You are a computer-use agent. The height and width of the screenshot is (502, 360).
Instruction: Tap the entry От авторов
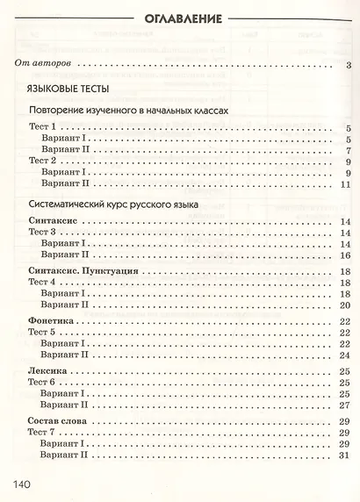click(x=46, y=64)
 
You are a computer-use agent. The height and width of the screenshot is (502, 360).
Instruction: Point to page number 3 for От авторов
click(x=349, y=65)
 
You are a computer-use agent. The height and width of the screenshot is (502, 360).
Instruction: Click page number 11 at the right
click(x=346, y=184)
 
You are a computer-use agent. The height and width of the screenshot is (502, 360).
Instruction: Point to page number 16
click(x=346, y=254)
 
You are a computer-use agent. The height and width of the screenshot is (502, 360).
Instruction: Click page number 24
click(x=346, y=355)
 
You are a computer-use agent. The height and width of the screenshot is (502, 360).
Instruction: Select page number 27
click(x=346, y=405)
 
